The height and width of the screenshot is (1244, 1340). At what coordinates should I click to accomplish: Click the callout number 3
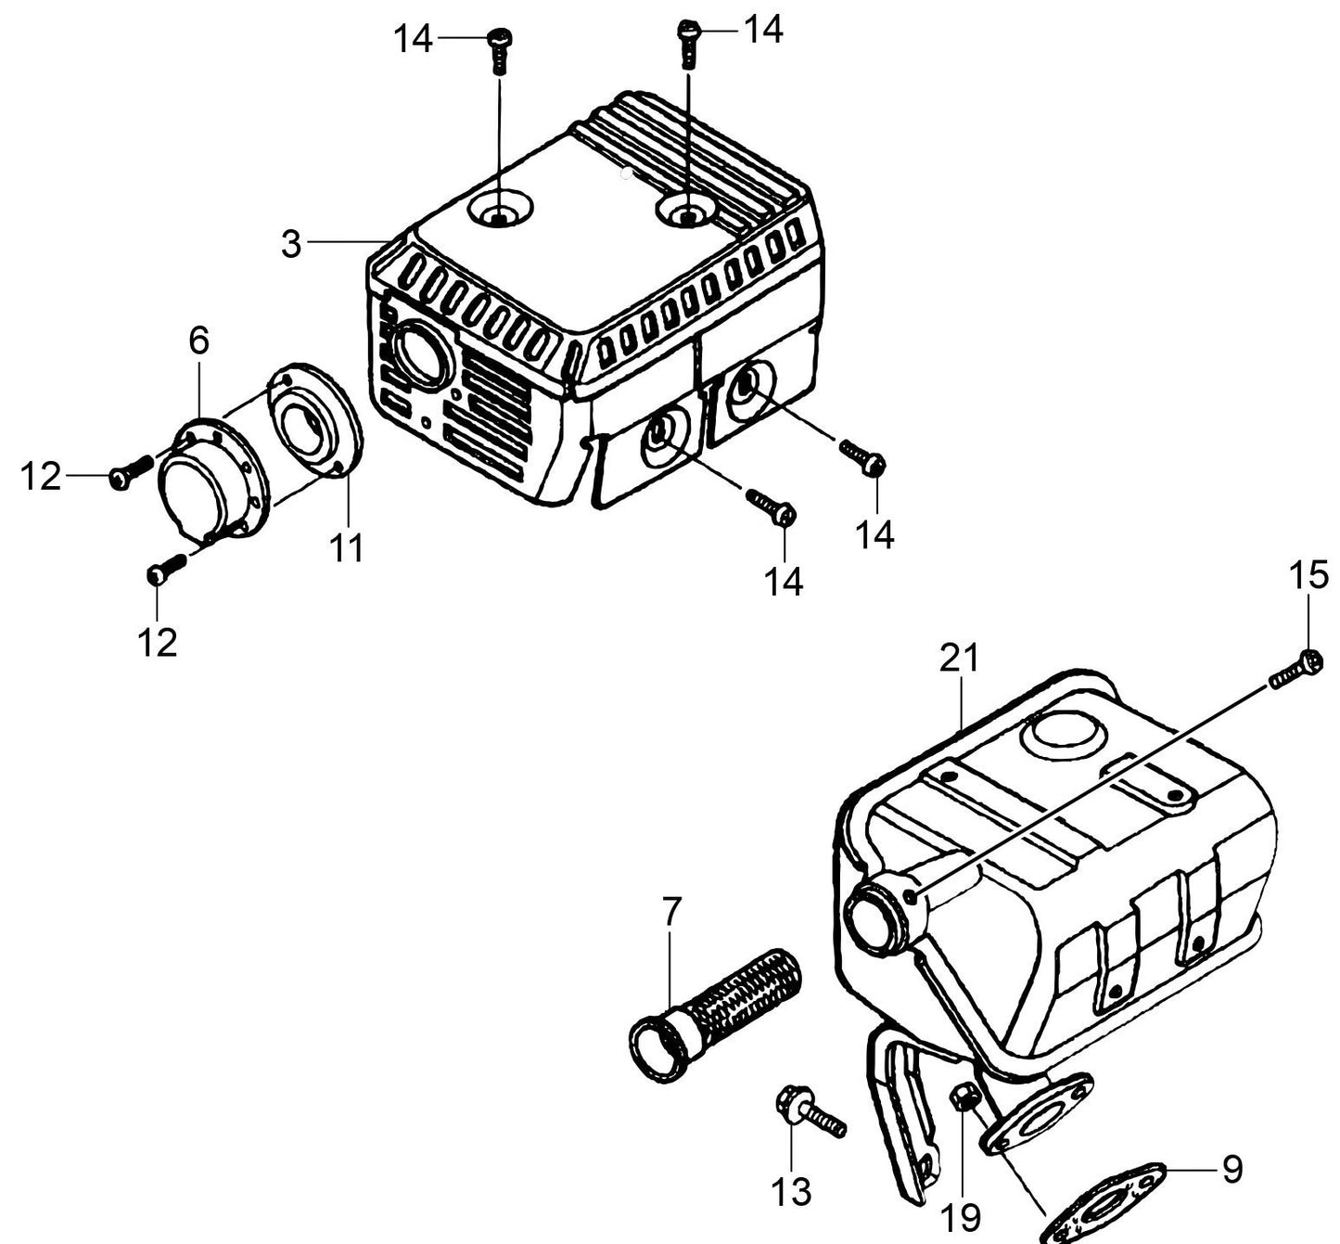(x=291, y=244)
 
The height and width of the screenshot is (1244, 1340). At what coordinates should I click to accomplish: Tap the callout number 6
(x=199, y=340)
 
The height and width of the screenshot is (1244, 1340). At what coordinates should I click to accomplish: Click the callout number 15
(x=1309, y=576)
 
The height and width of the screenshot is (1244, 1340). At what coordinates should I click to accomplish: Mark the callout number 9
(x=1232, y=1169)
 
